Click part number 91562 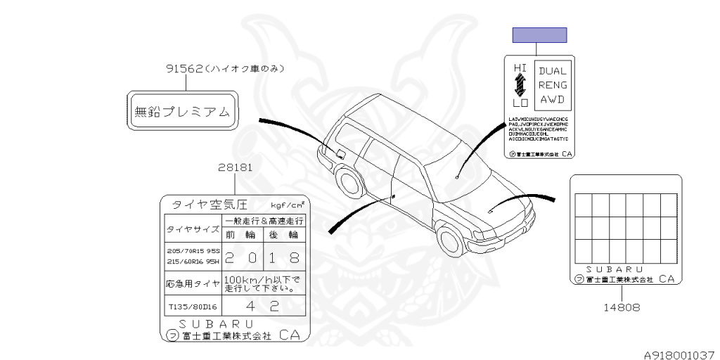(185, 69)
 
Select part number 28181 (235, 168)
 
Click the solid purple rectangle (539, 35)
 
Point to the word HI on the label (520, 67)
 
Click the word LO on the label (520, 103)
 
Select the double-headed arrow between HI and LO (520, 85)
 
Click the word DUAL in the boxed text (553, 71)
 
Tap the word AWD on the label (553, 100)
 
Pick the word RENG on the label (553, 85)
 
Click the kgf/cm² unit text (288, 205)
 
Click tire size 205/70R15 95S (193, 250)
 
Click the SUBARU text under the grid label (614, 269)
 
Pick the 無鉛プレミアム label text (182, 111)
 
